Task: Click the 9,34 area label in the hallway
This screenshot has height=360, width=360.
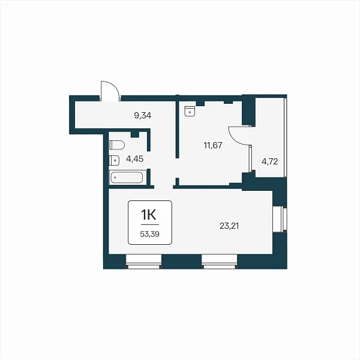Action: (x=143, y=115)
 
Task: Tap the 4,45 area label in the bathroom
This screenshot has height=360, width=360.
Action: (x=135, y=158)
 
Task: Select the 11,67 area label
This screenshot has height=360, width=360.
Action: (x=213, y=145)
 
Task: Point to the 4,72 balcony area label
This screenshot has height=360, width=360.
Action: (x=270, y=161)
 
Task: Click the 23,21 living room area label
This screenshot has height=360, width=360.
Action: (x=229, y=226)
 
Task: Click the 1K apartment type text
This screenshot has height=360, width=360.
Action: (x=149, y=215)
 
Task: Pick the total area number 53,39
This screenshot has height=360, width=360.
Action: (x=149, y=234)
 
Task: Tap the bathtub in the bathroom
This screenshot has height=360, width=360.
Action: (x=127, y=178)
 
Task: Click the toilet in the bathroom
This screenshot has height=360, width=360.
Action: (x=117, y=145)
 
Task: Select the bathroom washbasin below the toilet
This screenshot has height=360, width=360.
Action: (x=115, y=160)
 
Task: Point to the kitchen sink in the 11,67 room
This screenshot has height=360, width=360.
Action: (x=190, y=111)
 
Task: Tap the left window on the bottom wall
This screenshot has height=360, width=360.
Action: (x=144, y=262)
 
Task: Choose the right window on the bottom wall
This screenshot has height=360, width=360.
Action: (x=219, y=262)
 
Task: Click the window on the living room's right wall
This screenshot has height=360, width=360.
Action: (x=280, y=219)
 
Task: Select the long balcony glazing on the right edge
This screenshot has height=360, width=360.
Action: (x=286, y=137)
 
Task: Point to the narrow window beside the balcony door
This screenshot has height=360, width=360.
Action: (x=250, y=158)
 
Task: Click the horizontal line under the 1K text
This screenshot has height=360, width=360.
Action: (x=149, y=224)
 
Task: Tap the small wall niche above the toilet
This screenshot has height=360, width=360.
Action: (x=135, y=134)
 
